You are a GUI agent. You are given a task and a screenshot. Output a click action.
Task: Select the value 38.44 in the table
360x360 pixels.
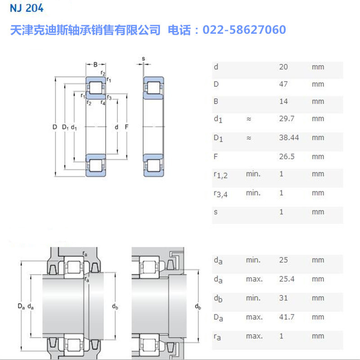(289, 138)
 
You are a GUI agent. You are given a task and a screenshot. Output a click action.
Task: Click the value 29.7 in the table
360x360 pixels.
(286, 119)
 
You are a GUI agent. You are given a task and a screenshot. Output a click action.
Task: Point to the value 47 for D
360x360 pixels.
(283, 84)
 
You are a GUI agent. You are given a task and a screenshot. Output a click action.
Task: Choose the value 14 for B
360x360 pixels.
(283, 101)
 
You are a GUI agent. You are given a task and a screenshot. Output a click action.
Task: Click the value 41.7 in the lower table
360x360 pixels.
(287, 317)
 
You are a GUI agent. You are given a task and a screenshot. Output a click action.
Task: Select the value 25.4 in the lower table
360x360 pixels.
(287, 279)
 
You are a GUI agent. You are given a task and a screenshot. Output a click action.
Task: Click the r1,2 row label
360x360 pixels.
(220, 175)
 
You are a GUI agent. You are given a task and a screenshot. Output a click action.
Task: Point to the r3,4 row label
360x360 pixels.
(220, 194)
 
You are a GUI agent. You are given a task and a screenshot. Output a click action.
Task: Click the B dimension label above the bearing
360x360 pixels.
(95, 64)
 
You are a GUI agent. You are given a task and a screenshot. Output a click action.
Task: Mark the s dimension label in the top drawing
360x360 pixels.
(143, 58)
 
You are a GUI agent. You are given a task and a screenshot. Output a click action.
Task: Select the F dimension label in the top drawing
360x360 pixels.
(127, 127)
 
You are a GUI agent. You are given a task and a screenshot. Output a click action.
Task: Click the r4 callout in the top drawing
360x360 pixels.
(103, 103)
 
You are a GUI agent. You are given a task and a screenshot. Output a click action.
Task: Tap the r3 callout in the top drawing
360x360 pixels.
(109, 97)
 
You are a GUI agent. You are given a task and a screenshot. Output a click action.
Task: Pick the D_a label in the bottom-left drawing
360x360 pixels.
(21, 307)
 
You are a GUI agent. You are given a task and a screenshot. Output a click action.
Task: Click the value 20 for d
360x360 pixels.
(283, 67)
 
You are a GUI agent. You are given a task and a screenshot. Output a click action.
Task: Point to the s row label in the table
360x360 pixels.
(216, 211)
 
